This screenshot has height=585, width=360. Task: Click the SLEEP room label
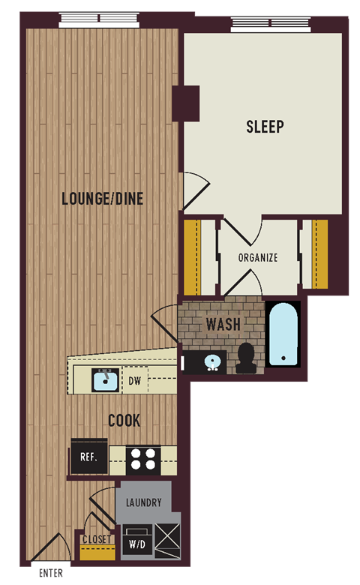click(x=265, y=127)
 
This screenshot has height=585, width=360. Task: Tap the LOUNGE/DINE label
click(x=103, y=199)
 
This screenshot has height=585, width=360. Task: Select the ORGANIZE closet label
click(x=258, y=257)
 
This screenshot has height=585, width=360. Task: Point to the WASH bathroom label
click(x=223, y=325)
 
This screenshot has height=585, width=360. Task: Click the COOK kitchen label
click(x=124, y=421)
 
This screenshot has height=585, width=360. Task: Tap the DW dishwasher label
click(x=135, y=381)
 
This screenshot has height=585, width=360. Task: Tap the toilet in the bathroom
click(x=245, y=358)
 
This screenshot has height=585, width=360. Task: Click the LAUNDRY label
click(x=143, y=502)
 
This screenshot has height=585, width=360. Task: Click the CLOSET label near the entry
click(x=97, y=539)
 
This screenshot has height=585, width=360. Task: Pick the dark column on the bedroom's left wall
click(x=185, y=103)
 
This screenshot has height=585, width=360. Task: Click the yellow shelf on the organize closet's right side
click(x=319, y=253)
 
